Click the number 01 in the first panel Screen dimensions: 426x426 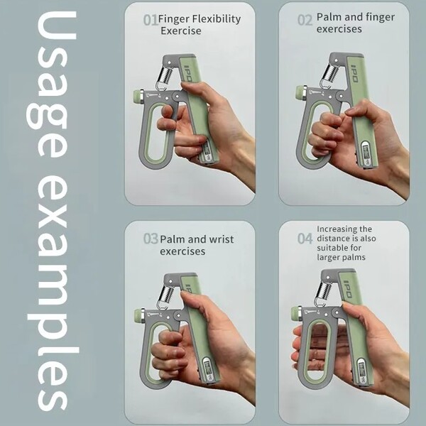click(x=151, y=20)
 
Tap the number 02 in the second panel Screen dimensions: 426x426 click(x=305, y=20)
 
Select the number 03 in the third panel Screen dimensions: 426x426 click(x=151, y=239)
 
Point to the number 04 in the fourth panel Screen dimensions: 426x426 click(x=305, y=239)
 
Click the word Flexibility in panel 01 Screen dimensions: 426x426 click(x=217, y=19)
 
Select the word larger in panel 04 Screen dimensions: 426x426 click(x=327, y=257)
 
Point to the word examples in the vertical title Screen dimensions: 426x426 click(x=52, y=294)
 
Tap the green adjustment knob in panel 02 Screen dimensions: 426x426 click(x=301, y=92)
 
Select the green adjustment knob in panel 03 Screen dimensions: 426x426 click(x=140, y=315)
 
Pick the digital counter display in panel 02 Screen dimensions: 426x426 click(x=366, y=153)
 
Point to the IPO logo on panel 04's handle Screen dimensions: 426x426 click(x=348, y=289)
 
